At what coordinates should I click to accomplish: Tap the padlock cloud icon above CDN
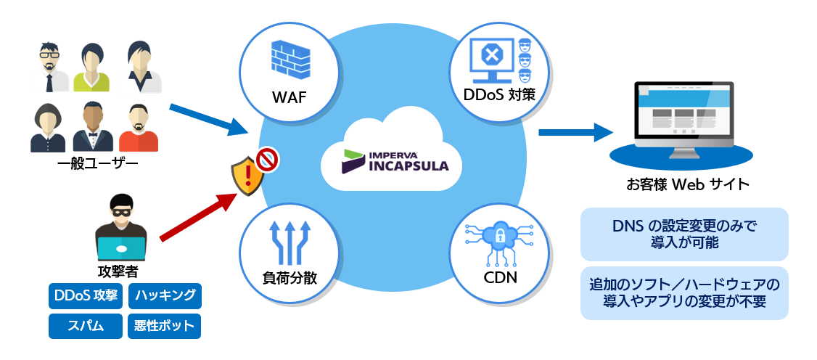498,238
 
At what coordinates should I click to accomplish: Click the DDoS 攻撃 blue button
85,295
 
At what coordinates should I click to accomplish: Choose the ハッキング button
165,295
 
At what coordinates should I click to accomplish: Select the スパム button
85,326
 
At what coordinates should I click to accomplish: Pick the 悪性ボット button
165,326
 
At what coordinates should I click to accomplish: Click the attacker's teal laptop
121,248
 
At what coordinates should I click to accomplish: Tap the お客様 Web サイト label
687,184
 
